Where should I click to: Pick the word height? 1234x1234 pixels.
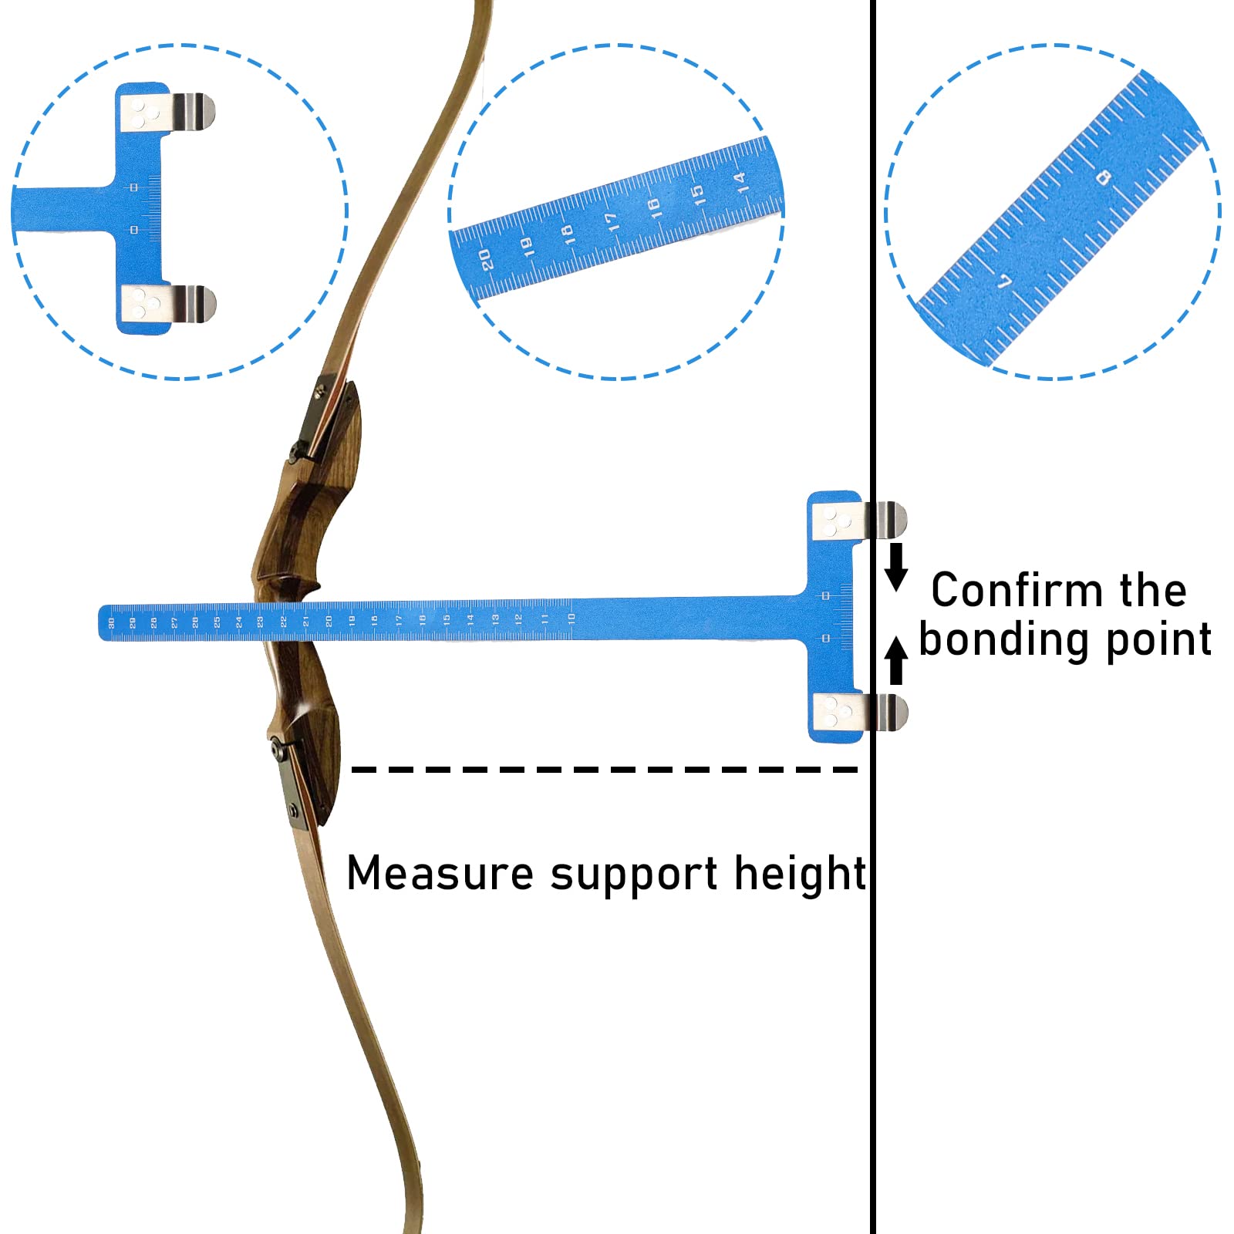click(800, 873)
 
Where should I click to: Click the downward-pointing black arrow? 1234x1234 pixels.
click(895, 567)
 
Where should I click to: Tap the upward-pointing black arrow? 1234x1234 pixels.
click(895, 659)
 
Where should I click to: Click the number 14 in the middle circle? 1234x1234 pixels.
click(740, 182)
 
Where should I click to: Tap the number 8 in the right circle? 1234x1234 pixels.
click(1104, 178)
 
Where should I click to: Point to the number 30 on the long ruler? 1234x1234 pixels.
click(111, 622)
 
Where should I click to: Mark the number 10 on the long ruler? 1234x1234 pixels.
click(571, 618)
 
